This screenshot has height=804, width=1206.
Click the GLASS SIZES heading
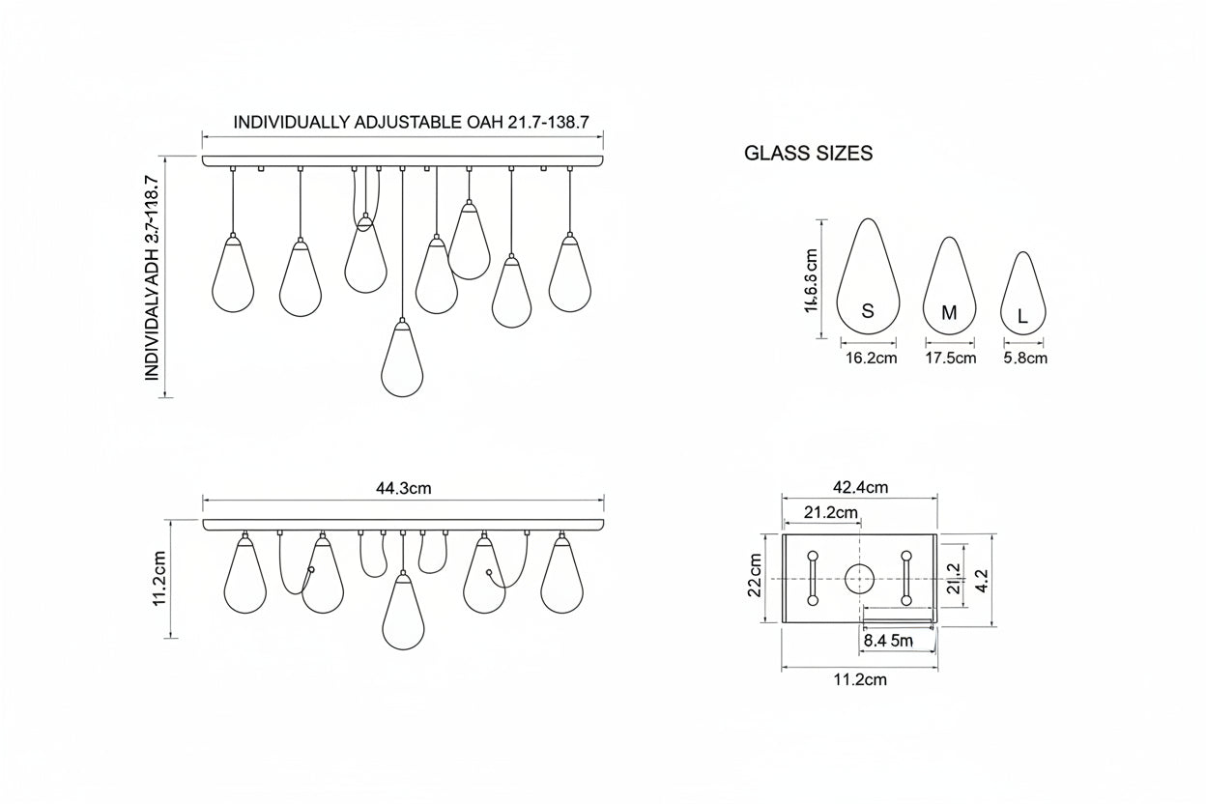tap(808, 153)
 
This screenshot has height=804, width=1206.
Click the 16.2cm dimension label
tap(871, 359)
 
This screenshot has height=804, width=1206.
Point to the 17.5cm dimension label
tap(950, 359)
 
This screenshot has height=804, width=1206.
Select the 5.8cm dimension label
tap(1024, 359)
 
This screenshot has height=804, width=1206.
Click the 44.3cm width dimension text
tap(403, 488)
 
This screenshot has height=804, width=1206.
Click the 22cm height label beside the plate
tap(755, 577)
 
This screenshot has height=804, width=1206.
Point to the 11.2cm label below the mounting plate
tap(859, 679)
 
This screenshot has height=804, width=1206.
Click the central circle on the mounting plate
tap(859, 579)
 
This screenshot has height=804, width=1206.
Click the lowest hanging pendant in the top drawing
tap(402, 359)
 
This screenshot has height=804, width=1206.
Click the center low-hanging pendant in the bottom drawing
tap(403, 613)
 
